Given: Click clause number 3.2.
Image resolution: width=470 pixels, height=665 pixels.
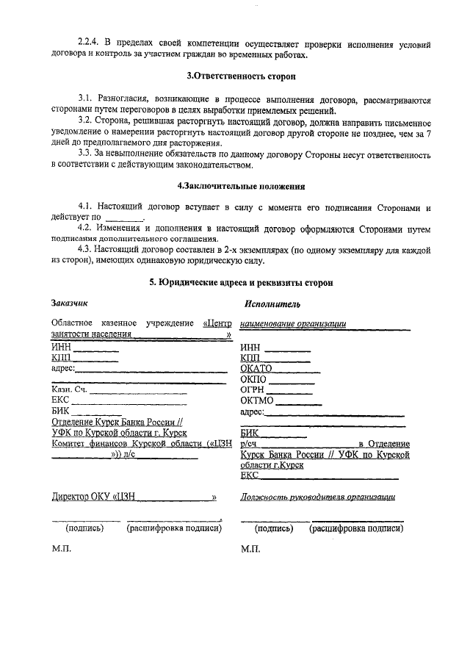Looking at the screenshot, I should pos(87,120).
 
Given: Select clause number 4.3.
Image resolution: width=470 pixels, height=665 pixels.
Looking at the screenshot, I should pos(87,250).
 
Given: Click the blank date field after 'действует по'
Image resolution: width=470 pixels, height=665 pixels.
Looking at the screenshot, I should pos(126,218).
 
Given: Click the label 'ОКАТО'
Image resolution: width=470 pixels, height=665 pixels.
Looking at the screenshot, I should pos(256,368).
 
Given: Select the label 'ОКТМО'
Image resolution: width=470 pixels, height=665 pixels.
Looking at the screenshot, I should pos(257,400).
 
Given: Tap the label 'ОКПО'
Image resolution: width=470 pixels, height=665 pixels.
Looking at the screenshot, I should pos(253,379).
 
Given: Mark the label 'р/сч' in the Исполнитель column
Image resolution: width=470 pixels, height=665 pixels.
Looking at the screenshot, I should pos(248,444).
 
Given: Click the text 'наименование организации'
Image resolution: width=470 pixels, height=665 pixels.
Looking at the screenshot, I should pos(293,323).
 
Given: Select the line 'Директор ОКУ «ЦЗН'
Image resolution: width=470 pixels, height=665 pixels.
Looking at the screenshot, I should pos(96,497).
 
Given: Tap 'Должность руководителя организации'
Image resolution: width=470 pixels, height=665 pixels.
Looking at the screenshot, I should pos(318,497).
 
